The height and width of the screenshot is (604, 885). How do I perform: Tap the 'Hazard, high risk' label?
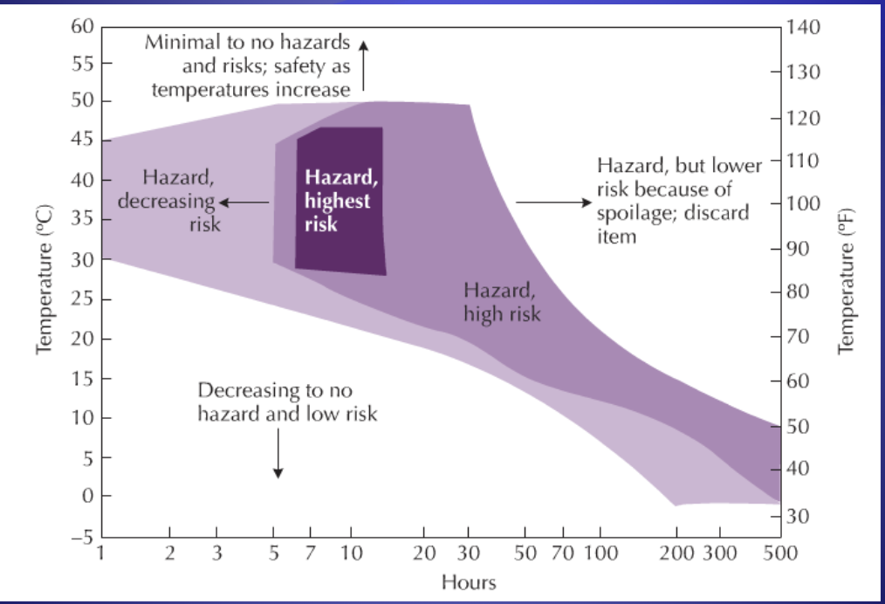(501, 301)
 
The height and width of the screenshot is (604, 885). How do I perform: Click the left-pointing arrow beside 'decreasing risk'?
(244, 202)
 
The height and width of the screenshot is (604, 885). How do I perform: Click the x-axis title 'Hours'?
(469, 580)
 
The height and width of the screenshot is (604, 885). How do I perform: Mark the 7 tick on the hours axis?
(308, 553)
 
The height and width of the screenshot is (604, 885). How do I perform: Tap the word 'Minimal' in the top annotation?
(178, 41)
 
